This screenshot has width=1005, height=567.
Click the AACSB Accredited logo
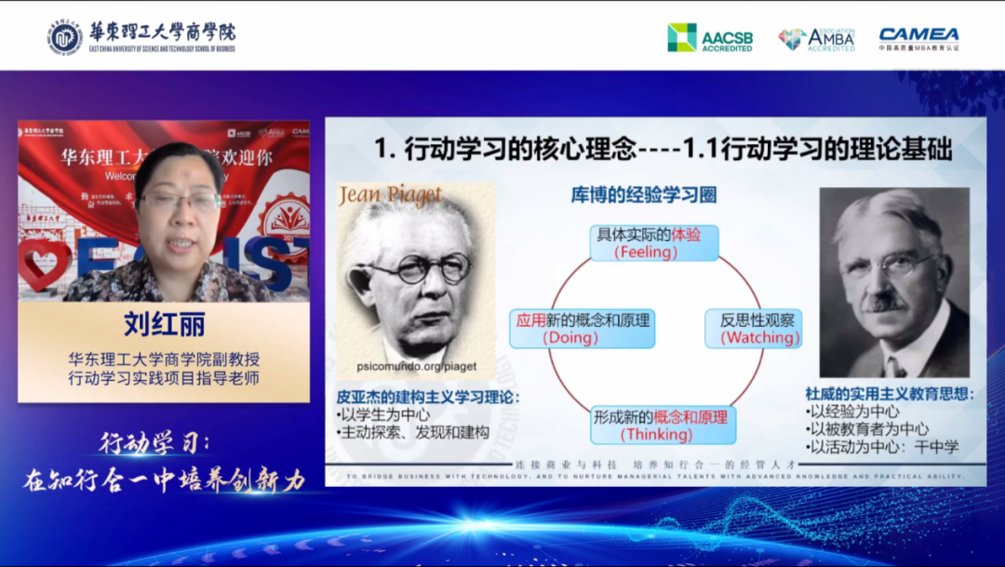click(710, 37)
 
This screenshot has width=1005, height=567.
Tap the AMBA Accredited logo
click(816, 38)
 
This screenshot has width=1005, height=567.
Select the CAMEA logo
click(918, 37)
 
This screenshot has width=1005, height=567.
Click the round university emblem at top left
click(65, 36)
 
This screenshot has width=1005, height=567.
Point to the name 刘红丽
click(164, 325)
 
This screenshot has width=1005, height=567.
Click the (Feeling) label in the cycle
click(646, 252)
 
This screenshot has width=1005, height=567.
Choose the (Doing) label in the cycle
click(569, 337)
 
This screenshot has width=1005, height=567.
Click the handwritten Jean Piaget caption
click(390, 196)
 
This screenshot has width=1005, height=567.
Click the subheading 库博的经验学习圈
click(644, 196)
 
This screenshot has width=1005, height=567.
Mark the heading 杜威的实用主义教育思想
click(890, 394)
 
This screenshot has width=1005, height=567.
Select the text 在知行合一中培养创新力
click(164, 479)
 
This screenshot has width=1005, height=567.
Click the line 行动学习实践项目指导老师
click(164, 379)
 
